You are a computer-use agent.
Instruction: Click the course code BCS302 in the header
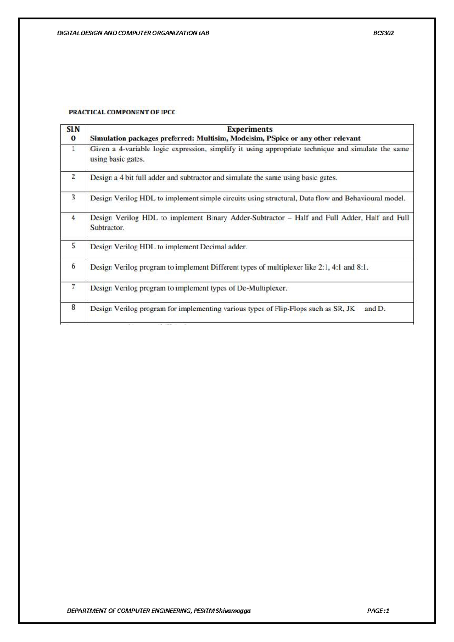[x=383, y=33]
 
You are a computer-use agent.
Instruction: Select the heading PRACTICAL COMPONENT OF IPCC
[x=122, y=112]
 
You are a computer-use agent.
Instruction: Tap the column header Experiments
[x=250, y=129]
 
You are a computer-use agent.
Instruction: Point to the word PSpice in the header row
[x=278, y=139]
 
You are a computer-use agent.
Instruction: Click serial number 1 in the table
[x=73, y=149]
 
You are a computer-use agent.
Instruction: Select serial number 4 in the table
[x=73, y=218]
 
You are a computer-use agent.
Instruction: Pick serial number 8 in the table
[x=73, y=307]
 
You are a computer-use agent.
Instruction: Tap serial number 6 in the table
[x=73, y=266]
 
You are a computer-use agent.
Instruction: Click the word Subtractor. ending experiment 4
[x=107, y=228]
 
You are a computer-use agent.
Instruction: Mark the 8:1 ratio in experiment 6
[x=362, y=267]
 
